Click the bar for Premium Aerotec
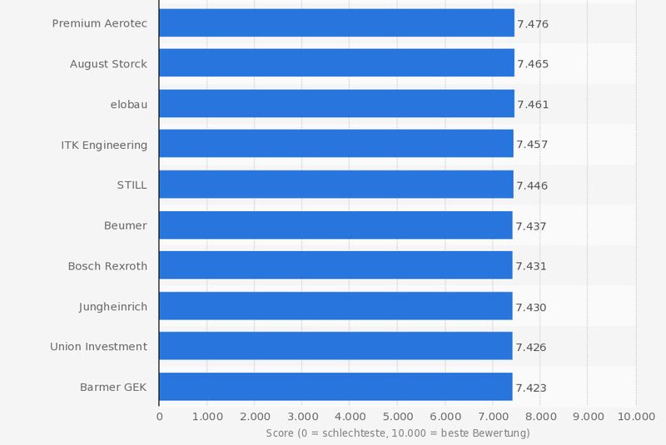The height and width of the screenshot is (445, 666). click(336, 23)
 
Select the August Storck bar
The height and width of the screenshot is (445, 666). click(336, 64)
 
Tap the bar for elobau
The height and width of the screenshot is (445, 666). click(336, 104)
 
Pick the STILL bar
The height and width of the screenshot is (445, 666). click(335, 185)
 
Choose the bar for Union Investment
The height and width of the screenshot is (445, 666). click(335, 347)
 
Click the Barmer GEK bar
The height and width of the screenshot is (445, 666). click(335, 387)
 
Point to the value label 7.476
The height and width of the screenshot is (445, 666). click(533, 24)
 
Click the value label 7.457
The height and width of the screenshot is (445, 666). click(532, 145)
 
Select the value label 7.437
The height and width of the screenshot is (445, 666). click(531, 226)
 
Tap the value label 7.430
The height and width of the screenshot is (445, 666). click(531, 307)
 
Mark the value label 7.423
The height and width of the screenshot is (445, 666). click(531, 388)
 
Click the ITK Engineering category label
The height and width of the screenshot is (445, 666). click(104, 145)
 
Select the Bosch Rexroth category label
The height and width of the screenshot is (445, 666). click(107, 266)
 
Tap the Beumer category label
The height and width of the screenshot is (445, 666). click(125, 225)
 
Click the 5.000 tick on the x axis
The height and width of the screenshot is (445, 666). click(397, 416)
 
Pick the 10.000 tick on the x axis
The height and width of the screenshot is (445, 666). click(635, 416)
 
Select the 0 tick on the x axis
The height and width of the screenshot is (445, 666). click(159, 416)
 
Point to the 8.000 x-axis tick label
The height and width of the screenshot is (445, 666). click(540, 416)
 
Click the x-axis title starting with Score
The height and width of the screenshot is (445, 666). click(397, 433)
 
